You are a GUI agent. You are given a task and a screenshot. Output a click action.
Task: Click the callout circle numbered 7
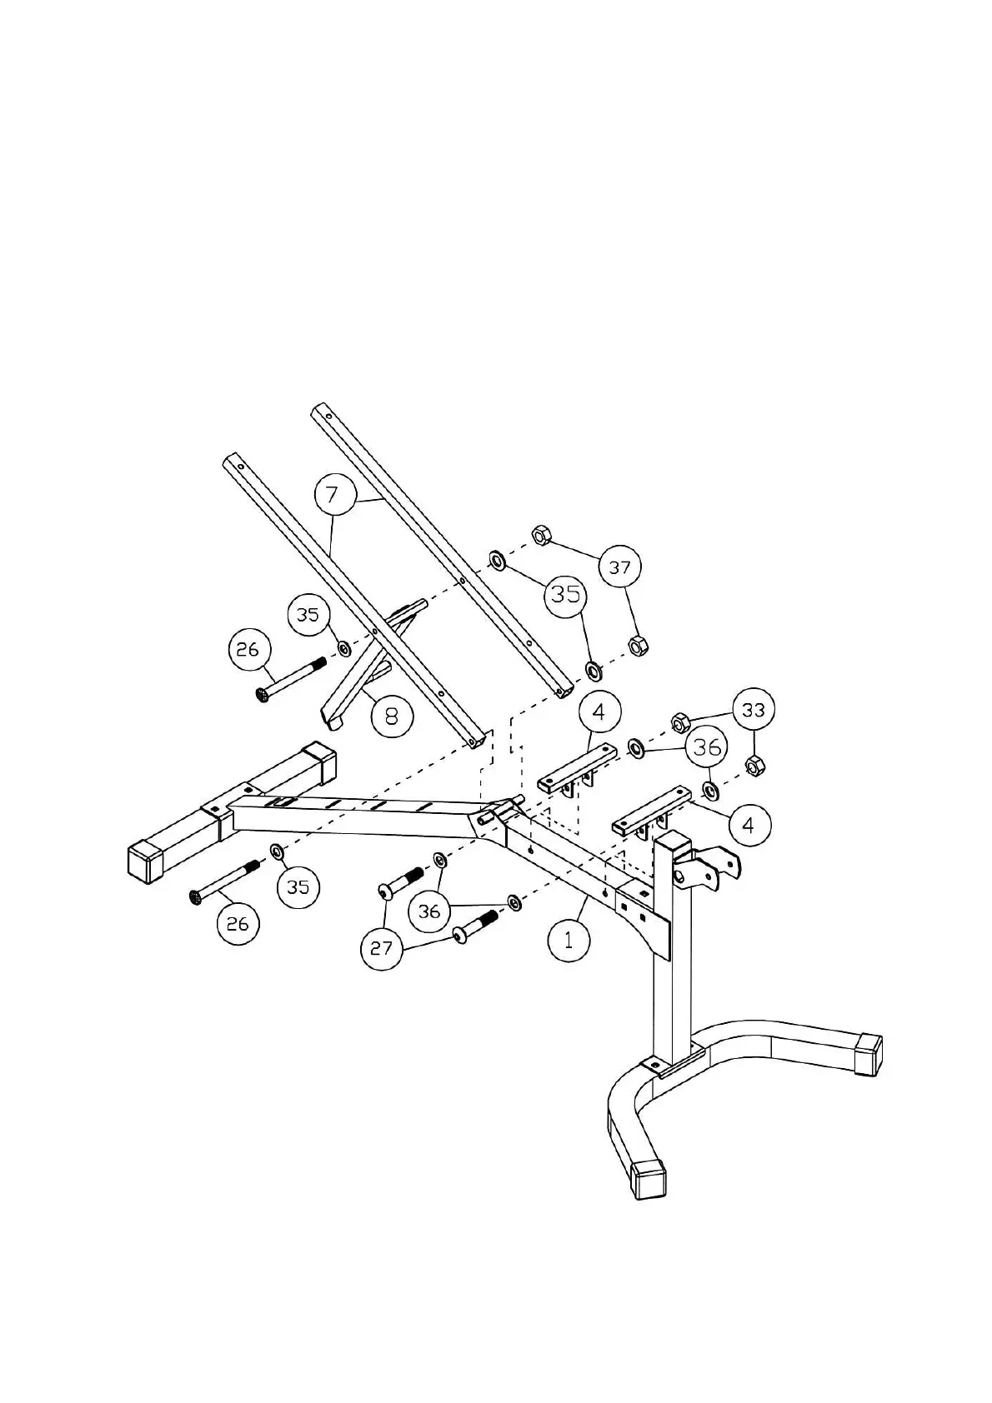tap(333, 495)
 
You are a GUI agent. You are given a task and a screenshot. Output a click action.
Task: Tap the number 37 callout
tap(620, 567)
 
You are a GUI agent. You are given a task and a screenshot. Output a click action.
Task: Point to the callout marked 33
tap(754, 710)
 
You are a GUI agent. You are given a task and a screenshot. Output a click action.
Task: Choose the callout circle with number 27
tap(382, 949)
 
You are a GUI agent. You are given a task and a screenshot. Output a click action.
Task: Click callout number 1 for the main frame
tap(569, 940)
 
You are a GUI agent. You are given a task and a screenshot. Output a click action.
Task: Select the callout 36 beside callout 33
tap(707, 746)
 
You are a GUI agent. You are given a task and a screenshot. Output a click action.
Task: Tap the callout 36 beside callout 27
tap(429, 911)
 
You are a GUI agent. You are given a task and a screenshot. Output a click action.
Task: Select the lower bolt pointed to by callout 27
tap(476, 925)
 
